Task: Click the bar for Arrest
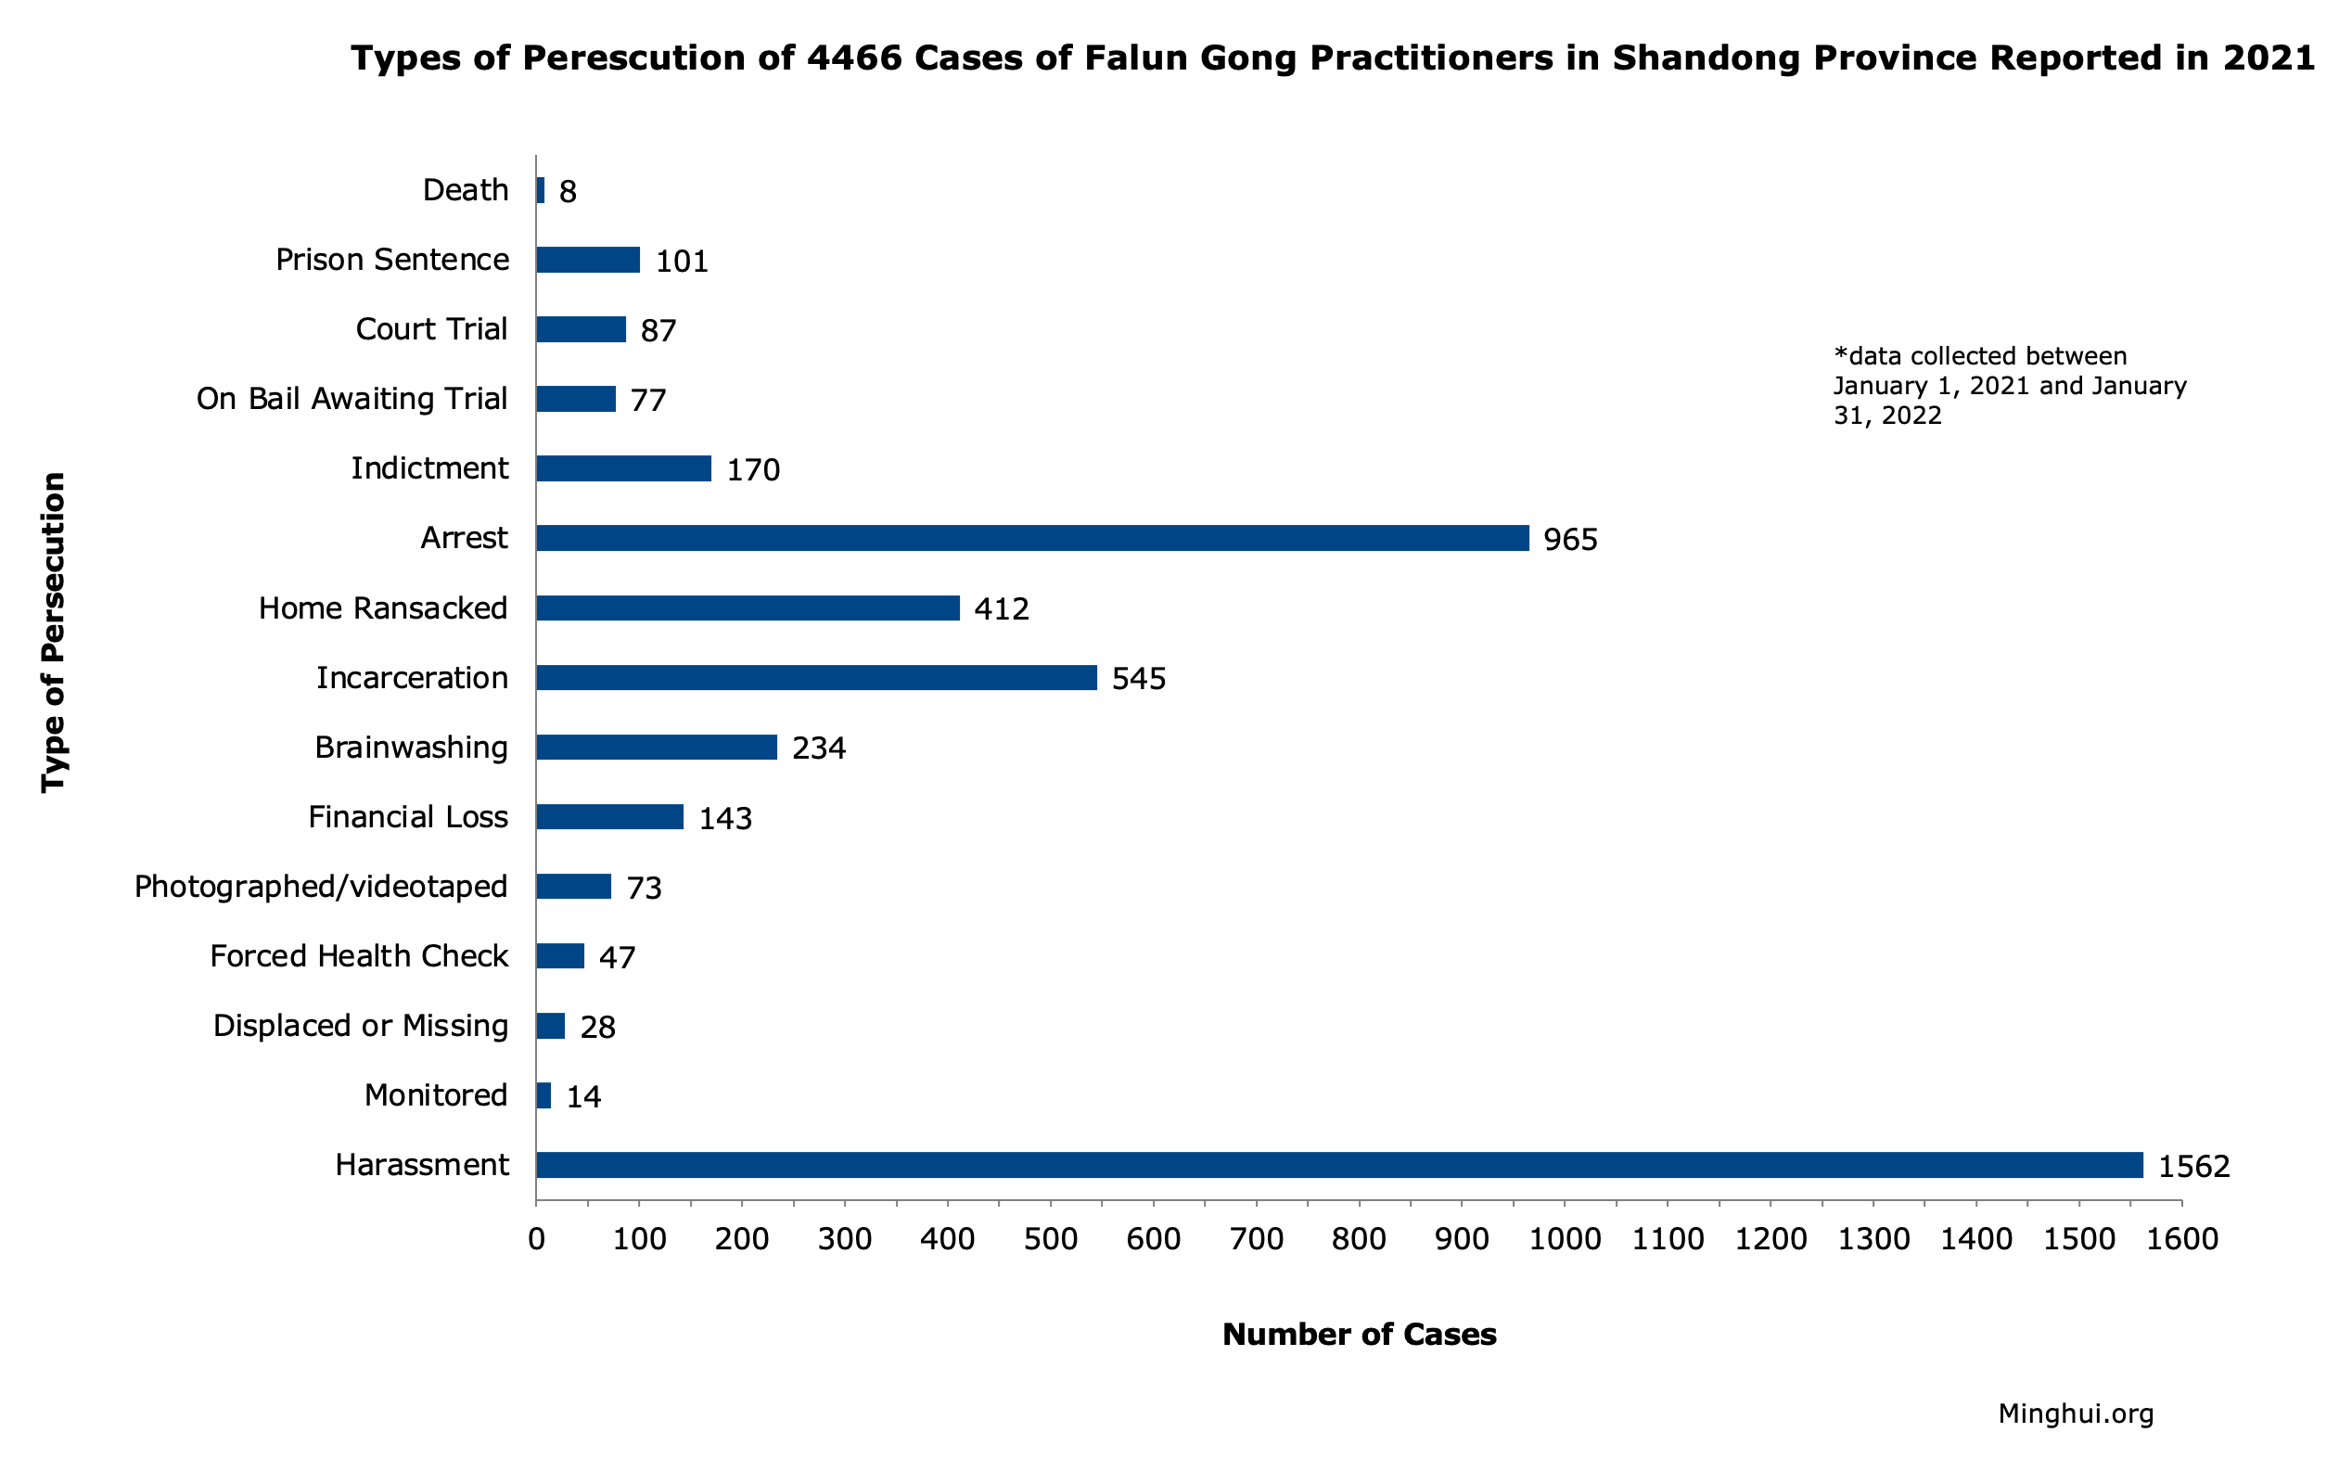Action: pos(1031,538)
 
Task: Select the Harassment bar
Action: pos(1338,1165)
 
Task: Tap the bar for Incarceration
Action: pos(816,677)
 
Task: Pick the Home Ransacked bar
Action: pos(747,608)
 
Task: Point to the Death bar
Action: pos(541,190)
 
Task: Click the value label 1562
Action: pos(2193,1167)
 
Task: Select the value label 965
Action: pos(1570,540)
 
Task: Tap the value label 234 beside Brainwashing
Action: pos(818,748)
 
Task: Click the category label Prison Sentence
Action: pos(392,260)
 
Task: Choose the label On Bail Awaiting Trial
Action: pos(352,399)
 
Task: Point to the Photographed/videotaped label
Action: pos(320,887)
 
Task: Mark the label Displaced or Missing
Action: pos(360,1026)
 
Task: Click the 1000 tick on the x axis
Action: pos(1564,1239)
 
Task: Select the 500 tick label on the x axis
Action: pos(1051,1239)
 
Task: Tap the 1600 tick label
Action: pos(2180,1239)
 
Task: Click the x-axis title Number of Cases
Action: pos(1358,1334)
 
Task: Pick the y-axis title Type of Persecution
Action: pos(54,633)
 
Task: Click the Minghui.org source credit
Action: pos(2075,1413)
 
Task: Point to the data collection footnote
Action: pos(2009,385)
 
